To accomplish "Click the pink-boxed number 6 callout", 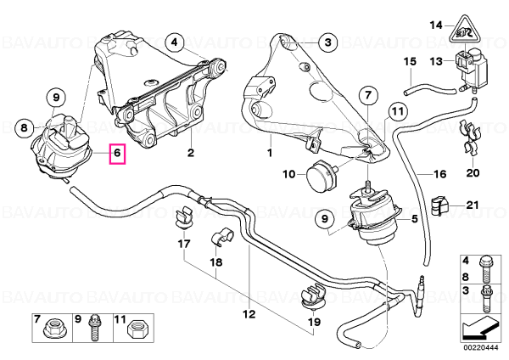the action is tap(118, 153).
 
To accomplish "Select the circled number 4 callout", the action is tap(174, 42).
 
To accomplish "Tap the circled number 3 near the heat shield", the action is tap(327, 42).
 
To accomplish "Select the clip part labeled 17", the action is tap(184, 217).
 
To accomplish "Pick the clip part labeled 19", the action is tap(314, 296).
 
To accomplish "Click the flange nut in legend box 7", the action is tap(53, 331).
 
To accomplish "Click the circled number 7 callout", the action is tap(368, 96).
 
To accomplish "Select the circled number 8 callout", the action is tap(25, 127).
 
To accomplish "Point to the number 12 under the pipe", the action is tap(249, 314).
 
